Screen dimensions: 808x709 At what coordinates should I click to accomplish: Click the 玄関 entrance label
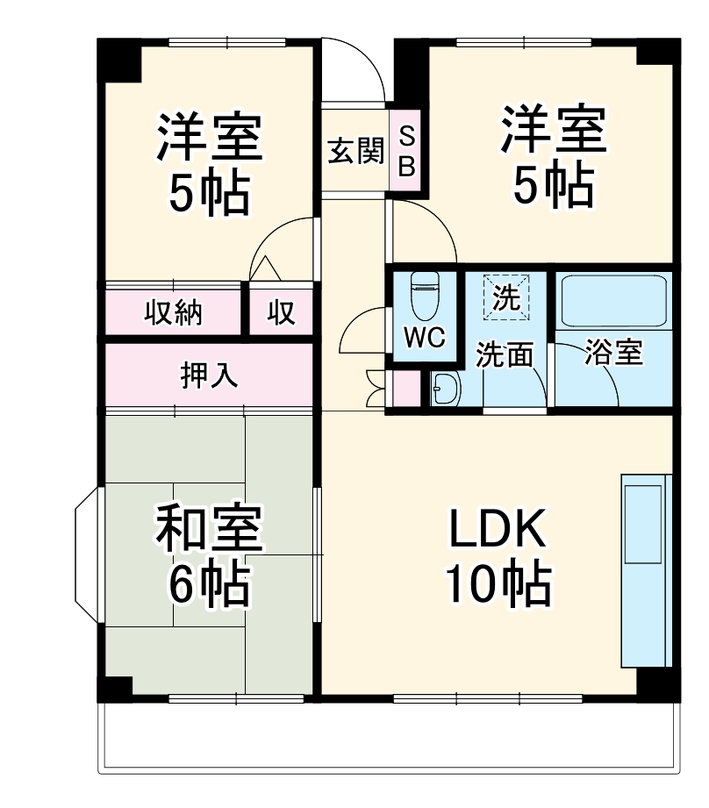pyautogui.click(x=356, y=152)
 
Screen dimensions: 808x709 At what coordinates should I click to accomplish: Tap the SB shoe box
pyautogui.click(x=406, y=151)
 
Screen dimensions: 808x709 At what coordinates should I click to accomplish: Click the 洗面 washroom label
pyautogui.click(x=505, y=355)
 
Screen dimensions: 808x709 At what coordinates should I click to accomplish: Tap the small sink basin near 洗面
pyautogui.click(x=446, y=388)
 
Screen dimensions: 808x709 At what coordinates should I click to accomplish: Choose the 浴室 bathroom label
pyautogui.click(x=613, y=354)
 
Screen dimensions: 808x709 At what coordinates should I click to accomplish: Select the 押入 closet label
pyautogui.click(x=209, y=375)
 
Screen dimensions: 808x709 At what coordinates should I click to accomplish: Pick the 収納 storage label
pyautogui.click(x=173, y=312)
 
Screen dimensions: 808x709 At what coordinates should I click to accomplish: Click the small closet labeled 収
pyautogui.click(x=282, y=312)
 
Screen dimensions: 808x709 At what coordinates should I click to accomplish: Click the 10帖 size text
pyautogui.click(x=498, y=583)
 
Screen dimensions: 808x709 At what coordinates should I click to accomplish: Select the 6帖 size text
pyautogui.click(x=209, y=583)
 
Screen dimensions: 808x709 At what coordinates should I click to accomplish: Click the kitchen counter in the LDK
pyautogui.click(x=646, y=570)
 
